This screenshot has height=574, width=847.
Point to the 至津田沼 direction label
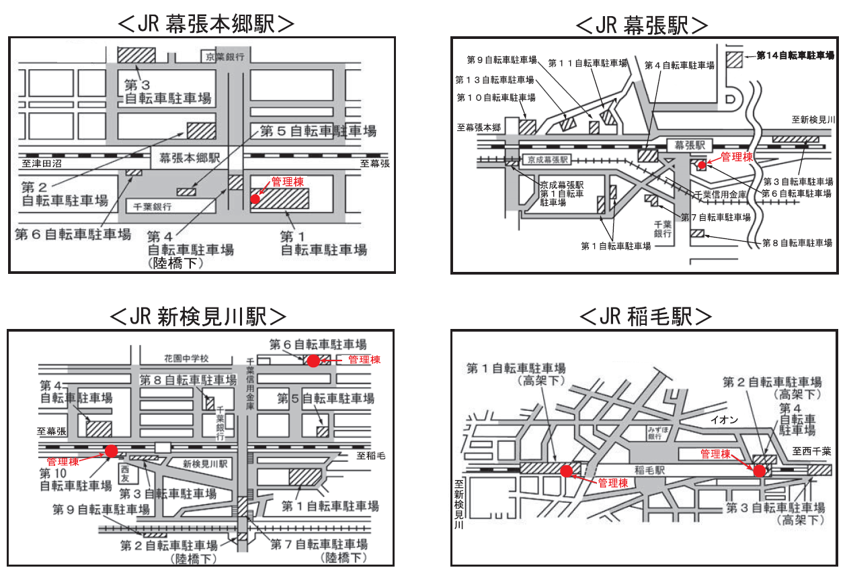(x=40, y=163)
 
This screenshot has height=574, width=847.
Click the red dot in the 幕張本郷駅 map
(x=255, y=199)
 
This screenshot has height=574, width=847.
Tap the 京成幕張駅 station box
(x=548, y=160)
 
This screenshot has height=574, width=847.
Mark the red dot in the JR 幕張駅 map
(x=702, y=164)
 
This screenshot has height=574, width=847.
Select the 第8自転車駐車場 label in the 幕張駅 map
(x=797, y=242)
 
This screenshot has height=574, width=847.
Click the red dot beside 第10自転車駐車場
(x=111, y=450)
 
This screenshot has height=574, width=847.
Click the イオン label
(x=725, y=420)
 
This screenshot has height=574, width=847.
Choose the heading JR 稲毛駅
(x=645, y=316)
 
